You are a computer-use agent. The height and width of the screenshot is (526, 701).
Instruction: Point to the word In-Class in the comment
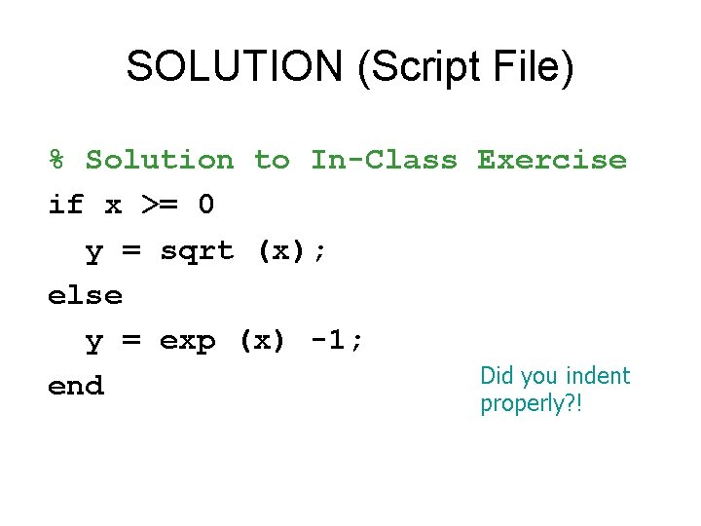(384, 160)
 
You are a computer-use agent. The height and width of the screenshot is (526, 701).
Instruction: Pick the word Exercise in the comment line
(552, 160)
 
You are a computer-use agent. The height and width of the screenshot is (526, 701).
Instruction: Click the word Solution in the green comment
(160, 160)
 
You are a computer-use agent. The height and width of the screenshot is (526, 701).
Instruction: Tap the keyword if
(66, 206)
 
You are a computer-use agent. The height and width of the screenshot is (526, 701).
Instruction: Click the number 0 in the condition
(205, 206)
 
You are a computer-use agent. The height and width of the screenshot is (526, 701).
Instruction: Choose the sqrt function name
(197, 251)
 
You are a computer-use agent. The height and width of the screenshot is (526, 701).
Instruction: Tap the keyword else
(85, 295)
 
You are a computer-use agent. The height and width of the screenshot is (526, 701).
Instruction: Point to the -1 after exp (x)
(329, 341)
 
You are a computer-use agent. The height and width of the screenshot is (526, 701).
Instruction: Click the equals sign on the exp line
(131, 342)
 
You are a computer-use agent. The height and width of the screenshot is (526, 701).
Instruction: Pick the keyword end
(76, 387)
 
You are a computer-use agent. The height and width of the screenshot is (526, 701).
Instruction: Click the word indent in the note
(598, 376)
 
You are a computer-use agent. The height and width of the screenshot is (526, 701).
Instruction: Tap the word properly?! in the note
(531, 403)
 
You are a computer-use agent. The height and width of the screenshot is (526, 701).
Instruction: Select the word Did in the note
(498, 376)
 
